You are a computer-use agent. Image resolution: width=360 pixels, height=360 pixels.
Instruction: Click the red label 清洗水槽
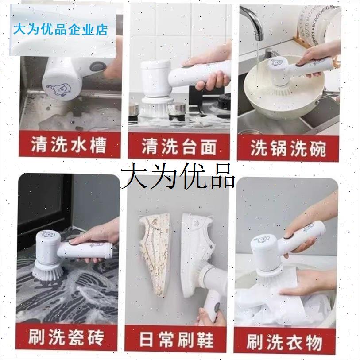[69, 146]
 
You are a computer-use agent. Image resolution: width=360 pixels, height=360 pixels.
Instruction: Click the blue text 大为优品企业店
[61, 30]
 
